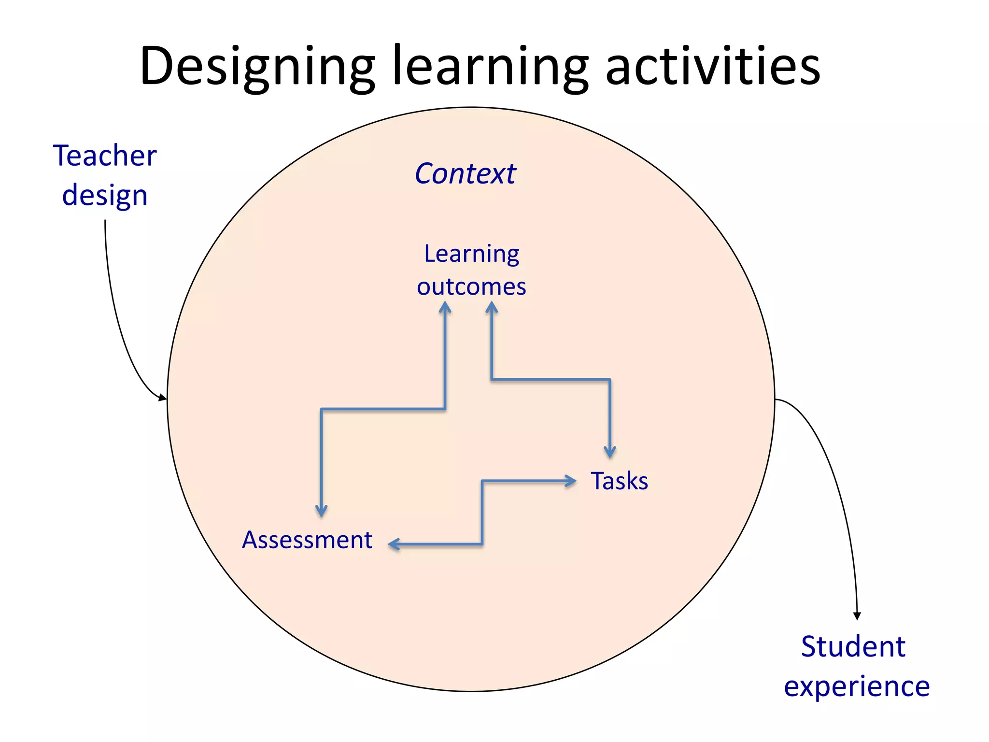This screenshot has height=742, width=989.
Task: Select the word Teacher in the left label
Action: (105, 156)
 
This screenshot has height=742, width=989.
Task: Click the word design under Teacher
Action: (105, 196)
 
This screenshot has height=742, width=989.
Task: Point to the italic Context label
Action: (465, 173)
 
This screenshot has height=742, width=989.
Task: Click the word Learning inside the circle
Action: (471, 254)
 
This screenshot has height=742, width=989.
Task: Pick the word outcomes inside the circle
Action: (471, 286)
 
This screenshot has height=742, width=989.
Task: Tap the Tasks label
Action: (619, 481)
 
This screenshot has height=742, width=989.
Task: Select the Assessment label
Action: (307, 540)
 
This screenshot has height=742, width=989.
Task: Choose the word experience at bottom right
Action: (857, 686)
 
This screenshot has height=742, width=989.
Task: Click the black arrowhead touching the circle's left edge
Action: (162, 398)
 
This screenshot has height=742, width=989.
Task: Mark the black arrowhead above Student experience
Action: (857, 616)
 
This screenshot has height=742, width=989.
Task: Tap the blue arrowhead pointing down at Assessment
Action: (321, 511)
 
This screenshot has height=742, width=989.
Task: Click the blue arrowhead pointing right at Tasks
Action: (571, 481)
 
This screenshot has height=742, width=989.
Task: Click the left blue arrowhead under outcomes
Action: (445, 307)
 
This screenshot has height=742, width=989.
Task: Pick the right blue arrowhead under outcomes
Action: (492, 307)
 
